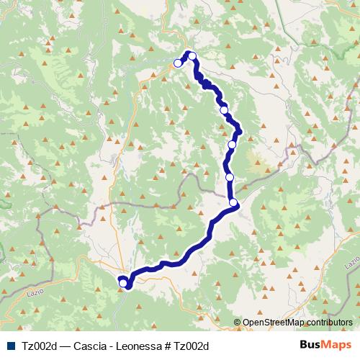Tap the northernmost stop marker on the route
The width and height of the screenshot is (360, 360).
click(x=192, y=55)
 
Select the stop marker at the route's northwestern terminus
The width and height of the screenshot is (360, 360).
click(x=178, y=63)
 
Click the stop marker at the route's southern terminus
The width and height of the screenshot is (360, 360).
click(x=123, y=284)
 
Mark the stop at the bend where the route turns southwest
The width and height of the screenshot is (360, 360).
click(x=234, y=203)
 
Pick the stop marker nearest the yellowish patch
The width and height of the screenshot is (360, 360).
click(x=232, y=145)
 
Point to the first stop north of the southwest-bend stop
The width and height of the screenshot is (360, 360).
click(x=230, y=177)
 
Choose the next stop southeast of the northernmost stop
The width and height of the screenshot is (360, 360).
click(x=224, y=109)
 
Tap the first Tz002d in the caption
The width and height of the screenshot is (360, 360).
click(x=40, y=346)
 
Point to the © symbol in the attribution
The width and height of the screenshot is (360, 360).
click(x=238, y=322)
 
